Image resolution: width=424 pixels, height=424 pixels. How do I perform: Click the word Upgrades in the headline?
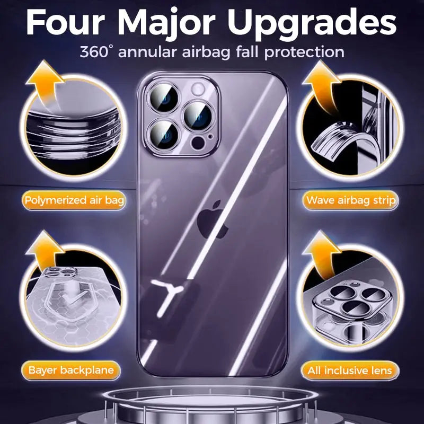tap(314, 24)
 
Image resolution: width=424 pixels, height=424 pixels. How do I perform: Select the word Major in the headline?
tap(166, 24)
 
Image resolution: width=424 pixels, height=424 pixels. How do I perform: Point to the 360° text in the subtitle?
tap(95, 51)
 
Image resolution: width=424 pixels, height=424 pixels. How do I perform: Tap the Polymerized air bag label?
tap(74, 200)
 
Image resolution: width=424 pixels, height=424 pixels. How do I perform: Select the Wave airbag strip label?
tap(351, 200)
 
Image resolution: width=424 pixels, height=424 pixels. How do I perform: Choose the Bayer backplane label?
tap(71, 370)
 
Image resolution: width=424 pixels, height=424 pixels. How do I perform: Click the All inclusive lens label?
tap(350, 370)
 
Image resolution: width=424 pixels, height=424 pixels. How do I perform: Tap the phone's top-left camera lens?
tap(164, 98)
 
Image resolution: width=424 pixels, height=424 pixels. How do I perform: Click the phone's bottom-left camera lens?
tap(164, 134)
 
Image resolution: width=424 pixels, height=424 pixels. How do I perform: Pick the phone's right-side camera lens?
tap(198, 116)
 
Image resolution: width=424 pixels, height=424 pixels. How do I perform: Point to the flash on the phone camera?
tap(199, 89)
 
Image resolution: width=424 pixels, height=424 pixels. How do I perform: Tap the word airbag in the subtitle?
tap(206, 52)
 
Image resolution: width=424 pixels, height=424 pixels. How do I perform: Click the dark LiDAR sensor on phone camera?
tap(198, 143)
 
